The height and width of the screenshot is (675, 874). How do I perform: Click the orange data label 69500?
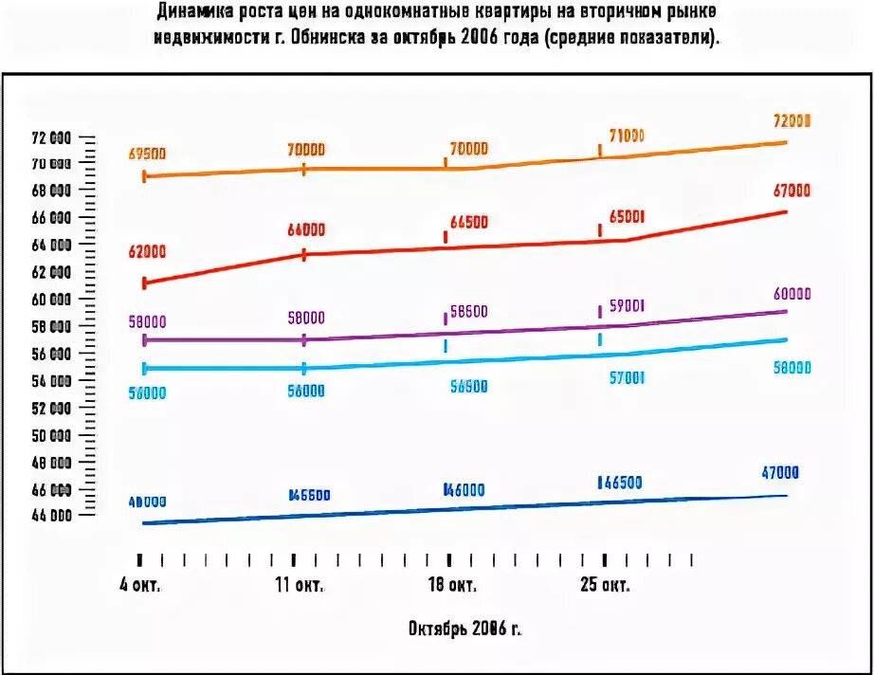pyautogui.click(x=147, y=154)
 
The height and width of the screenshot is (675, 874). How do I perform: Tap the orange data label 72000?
pyautogui.click(x=792, y=121)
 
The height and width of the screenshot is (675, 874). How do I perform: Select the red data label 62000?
pyautogui.click(x=147, y=252)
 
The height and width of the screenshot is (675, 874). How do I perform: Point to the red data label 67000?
pyautogui.click(x=792, y=191)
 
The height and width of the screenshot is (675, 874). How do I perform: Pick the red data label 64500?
pyautogui.click(x=468, y=222)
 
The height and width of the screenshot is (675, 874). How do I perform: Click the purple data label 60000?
pyautogui.click(x=792, y=294)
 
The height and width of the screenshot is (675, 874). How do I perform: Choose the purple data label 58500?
pyautogui.click(x=468, y=311)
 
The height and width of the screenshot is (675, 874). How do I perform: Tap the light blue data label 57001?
pyautogui.click(x=626, y=377)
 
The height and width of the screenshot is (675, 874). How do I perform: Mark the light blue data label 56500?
pyautogui.click(x=468, y=386)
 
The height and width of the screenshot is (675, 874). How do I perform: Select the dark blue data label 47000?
pyautogui.click(x=780, y=472)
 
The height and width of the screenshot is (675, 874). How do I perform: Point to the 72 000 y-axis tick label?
pyautogui.click(x=50, y=137)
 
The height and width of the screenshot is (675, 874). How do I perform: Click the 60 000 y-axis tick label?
pyautogui.click(x=50, y=300)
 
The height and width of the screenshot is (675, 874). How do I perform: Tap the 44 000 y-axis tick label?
pyautogui.click(x=50, y=517)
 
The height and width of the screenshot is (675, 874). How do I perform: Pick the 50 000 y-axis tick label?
pyautogui.click(x=50, y=436)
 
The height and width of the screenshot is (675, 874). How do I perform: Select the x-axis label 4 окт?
pyautogui.click(x=139, y=585)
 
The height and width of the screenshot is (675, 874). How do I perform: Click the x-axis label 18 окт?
pyautogui.click(x=451, y=585)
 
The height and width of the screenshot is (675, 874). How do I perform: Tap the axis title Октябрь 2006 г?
pyautogui.click(x=464, y=628)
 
